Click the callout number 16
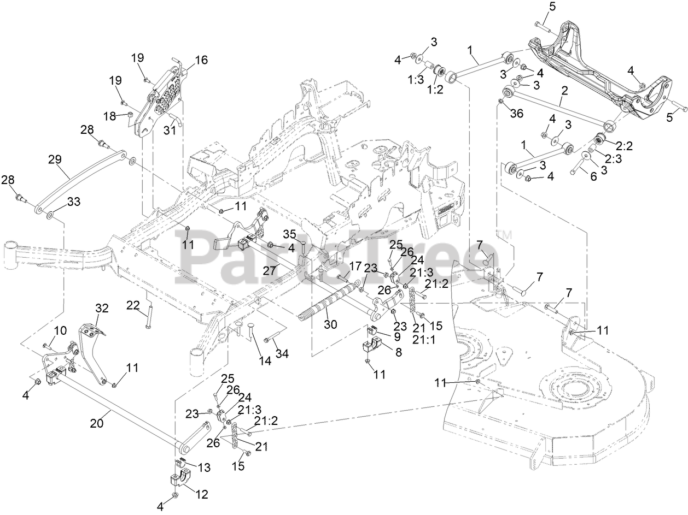coord(201,60)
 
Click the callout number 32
coord(102,309)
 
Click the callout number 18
coord(110,115)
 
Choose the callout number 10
coord(60,330)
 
